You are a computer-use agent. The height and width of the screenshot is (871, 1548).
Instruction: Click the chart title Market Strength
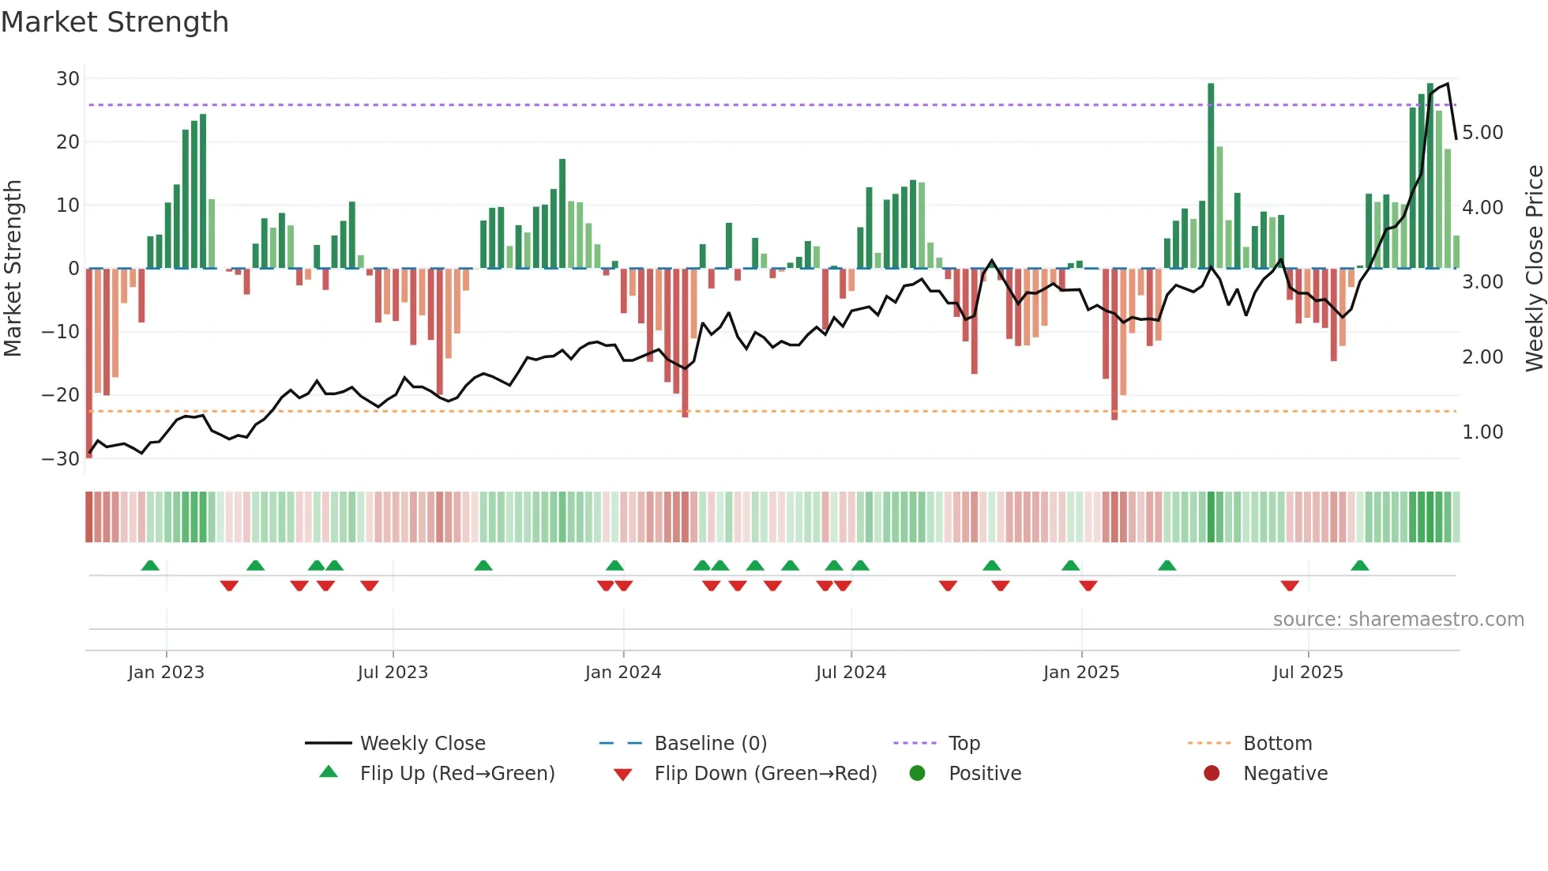pyautogui.click(x=115, y=22)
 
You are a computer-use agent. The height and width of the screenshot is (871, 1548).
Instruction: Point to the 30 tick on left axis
pyautogui.click(x=68, y=79)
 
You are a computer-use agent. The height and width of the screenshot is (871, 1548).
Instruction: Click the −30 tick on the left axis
pyautogui.click(x=61, y=458)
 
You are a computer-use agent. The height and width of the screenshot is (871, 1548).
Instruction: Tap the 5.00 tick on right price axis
pyautogui.click(x=1482, y=133)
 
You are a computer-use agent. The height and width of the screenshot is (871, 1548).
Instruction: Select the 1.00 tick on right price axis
pyautogui.click(x=1482, y=432)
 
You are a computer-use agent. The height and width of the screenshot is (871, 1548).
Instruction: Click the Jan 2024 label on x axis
pyautogui.click(x=623, y=673)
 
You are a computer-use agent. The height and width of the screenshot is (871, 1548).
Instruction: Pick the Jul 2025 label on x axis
pyautogui.click(x=1308, y=673)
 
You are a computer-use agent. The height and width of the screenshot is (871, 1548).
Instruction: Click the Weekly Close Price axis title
pyautogui.click(x=1534, y=269)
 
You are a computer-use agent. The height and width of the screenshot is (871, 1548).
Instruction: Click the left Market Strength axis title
pyautogui.click(x=13, y=269)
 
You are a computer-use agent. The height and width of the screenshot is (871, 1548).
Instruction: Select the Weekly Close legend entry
pyautogui.click(x=423, y=744)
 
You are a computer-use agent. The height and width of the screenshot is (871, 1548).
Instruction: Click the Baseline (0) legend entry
pyautogui.click(x=710, y=744)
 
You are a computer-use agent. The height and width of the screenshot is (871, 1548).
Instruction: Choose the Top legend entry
pyautogui.click(x=964, y=744)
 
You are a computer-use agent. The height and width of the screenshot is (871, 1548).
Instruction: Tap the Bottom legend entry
pyautogui.click(x=1277, y=744)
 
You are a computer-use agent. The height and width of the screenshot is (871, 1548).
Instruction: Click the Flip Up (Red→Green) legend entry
pyautogui.click(x=457, y=774)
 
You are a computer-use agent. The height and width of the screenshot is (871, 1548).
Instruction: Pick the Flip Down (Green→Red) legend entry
pyautogui.click(x=765, y=774)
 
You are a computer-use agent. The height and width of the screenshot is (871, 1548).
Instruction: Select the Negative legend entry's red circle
pyautogui.click(x=1212, y=774)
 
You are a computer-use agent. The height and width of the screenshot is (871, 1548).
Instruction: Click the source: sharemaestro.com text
pyautogui.click(x=1398, y=620)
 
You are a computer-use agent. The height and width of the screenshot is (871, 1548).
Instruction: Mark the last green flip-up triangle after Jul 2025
pyautogui.click(x=1360, y=566)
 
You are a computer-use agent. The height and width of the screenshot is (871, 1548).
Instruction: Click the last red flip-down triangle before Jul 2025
pyautogui.click(x=1290, y=586)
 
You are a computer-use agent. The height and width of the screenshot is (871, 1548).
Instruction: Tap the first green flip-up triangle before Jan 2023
pyautogui.click(x=150, y=566)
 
